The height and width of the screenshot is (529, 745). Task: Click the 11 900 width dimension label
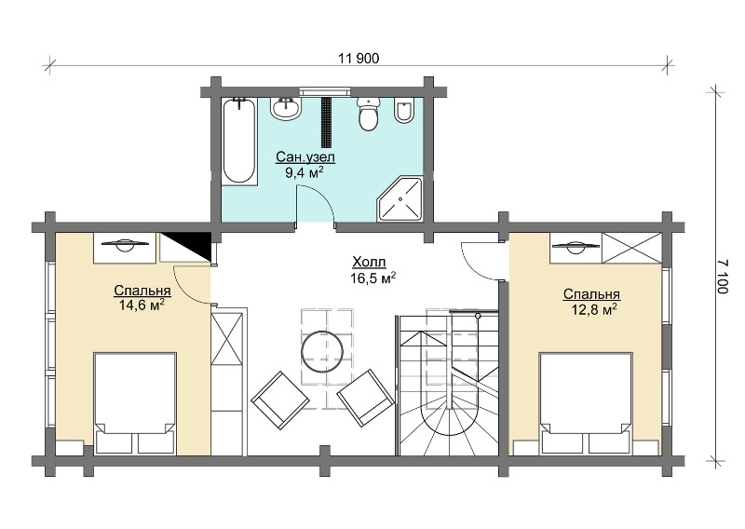pyautogui.click(x=359, y=59)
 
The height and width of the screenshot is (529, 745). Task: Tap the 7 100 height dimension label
pyautogui.click(x=722, y=276)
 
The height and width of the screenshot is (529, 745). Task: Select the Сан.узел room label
pyautogui.click(x=306, y=157)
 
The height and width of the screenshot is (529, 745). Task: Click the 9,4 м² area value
pyautogui.click(x=305, y=171)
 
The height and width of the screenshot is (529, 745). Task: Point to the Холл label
pyautogui.click(x=369, y=262)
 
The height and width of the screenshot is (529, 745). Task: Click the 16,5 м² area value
pyautogui.click(x=373, y=278)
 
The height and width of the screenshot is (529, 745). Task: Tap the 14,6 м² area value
pyautogui.click(x=142, y=305)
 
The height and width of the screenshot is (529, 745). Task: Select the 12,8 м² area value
pyautogui.click(x=594, y=310)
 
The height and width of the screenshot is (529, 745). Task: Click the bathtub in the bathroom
pyautogui.click(x=239, y=141)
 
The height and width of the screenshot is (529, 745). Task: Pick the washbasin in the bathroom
pyautogui.click(x=287, y=108)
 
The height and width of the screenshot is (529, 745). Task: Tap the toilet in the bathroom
pyautogui.click(x=368, y=114)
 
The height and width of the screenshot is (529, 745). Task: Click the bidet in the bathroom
pyautogui.click(x=404, y=111)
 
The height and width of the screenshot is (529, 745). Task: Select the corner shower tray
pyautogui.click(x=400, y=198)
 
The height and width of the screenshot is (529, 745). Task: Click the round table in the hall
pyautogui.click(x=322, y=352)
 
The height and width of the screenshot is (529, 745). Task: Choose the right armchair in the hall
pyautogui.click(x=366, y=398)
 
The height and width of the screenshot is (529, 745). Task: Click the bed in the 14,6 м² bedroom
pyautogui.click(x=135, y=402)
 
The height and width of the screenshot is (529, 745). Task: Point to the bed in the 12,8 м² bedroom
pyautogui.click(x=586, y=402)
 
